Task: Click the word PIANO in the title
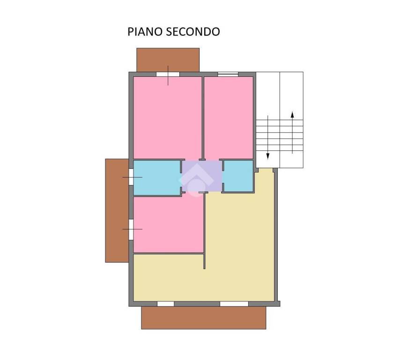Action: click(x=145, y=32)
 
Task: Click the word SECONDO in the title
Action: click(x=193, y=32)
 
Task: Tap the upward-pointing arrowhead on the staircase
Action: click(x=292, y=115)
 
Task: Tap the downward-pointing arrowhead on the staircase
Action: click(x=268, y=156)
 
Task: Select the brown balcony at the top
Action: click(x=168, y=60)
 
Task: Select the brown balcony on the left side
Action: click(x=117, y=210)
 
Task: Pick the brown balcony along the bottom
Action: click(x=203, y=318)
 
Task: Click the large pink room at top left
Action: click(x=167, y=118)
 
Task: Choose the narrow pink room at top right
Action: click(x=229, y=118)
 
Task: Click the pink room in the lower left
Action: click(x=168, y=224)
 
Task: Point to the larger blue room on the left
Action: click(x=157, y=178)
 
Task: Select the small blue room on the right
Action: click(x=238, y=176)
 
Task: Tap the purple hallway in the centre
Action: click(x=202, y=176)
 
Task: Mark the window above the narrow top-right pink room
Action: click(x=228, y=74)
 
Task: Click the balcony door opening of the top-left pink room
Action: click(x=168, y=74)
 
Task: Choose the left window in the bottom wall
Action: click(x=166, y=304)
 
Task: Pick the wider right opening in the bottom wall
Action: click(x=234, y=304)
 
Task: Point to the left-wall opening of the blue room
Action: click(x=131, y=177)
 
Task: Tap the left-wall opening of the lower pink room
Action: click(x=131, y=230)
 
